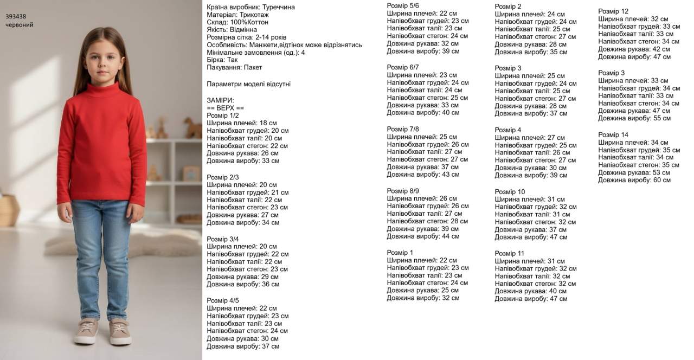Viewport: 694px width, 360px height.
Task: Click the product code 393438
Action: point(16,16)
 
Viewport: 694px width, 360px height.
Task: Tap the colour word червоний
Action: point(20,25)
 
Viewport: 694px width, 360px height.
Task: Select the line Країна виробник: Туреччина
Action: point(251,7)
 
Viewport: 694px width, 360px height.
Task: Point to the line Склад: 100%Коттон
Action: point(237,22)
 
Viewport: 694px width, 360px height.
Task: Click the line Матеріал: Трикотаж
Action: point(237,15)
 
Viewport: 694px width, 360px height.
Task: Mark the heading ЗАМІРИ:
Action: point(220,100)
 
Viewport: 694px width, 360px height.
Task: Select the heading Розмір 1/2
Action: point(222,115)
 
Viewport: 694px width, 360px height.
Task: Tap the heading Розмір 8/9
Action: point(402,191)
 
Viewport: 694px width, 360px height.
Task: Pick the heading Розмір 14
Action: point(613,134)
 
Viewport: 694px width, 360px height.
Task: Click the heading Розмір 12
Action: point(613,11)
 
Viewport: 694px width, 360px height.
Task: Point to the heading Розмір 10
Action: point(510,192)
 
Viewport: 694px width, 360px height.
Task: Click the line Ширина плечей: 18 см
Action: point(242,123)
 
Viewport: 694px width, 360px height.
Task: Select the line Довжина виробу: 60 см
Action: point(634,180)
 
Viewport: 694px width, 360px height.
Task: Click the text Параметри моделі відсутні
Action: point(248,84)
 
